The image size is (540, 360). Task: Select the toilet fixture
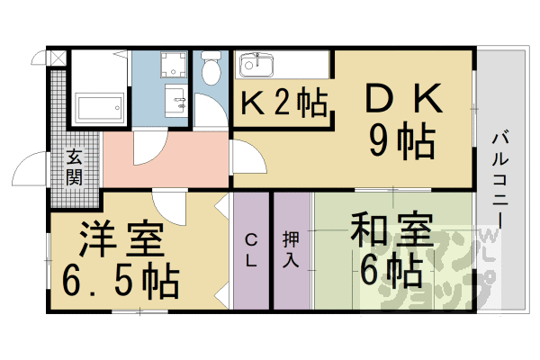point(211,67)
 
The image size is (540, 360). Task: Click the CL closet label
point(252,250)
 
